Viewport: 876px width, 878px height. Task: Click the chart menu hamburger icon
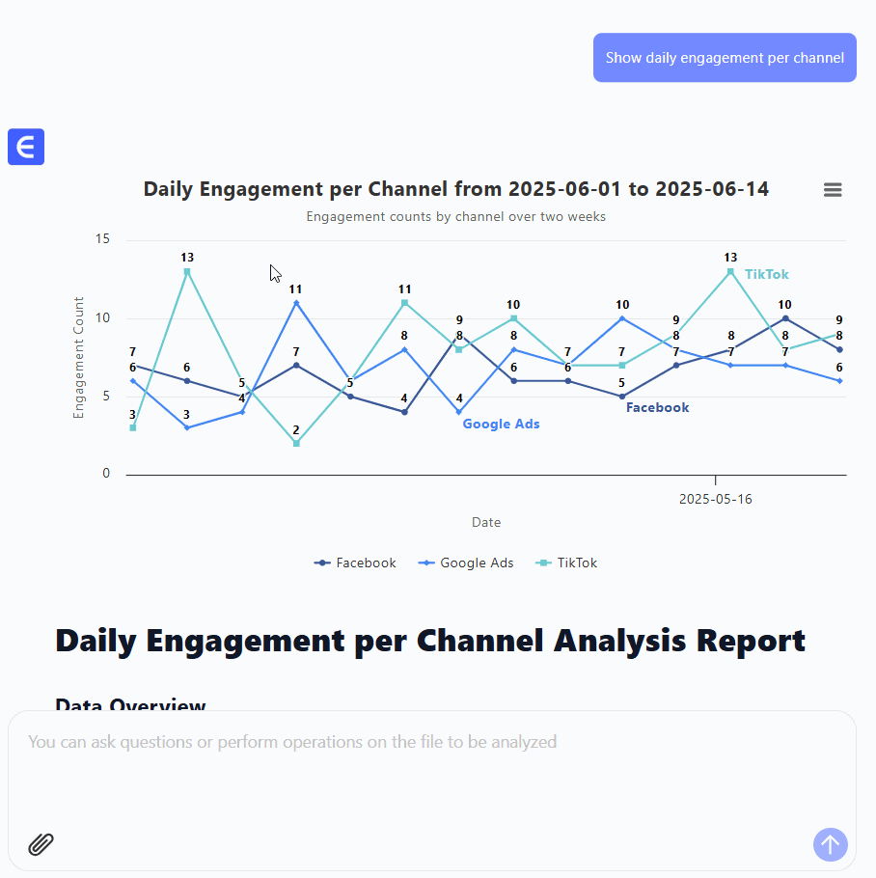pos(833,190)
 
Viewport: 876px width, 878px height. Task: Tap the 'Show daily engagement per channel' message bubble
pos(725,58)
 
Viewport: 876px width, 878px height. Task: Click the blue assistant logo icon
pos(26,147)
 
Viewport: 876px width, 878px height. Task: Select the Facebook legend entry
pos(355,562)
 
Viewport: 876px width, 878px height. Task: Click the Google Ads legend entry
pos(466,562)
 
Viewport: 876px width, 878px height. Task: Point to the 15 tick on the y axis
pos(103,239)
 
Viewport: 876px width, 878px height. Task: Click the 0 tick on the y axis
pos(106,474)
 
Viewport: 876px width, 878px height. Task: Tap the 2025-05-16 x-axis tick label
pos(715,499)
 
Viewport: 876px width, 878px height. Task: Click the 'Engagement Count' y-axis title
pos(80,357)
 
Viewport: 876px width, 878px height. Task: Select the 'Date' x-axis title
pos(486,522)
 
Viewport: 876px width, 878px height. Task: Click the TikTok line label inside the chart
pos(766,275)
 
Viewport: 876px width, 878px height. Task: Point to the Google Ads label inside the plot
pos(501,424)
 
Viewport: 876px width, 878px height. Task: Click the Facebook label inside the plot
pos(657,407)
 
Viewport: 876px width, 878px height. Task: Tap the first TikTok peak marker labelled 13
pos(187,271)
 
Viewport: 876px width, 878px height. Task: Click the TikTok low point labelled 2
pos(296,443)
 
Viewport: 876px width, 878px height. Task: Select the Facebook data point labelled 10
pos(785,318)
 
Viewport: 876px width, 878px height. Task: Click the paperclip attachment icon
pos(41,844)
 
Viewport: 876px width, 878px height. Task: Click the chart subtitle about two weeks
pos(455,216)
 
